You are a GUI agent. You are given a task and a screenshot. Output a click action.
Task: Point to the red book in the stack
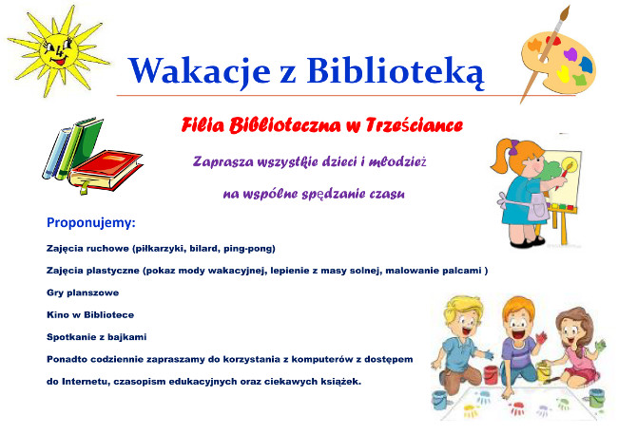click(x=107, y=169)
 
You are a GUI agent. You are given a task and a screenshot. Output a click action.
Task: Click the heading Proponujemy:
click(x=91, y=223)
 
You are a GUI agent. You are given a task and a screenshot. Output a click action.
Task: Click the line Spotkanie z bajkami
click(x=97, y=337)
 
